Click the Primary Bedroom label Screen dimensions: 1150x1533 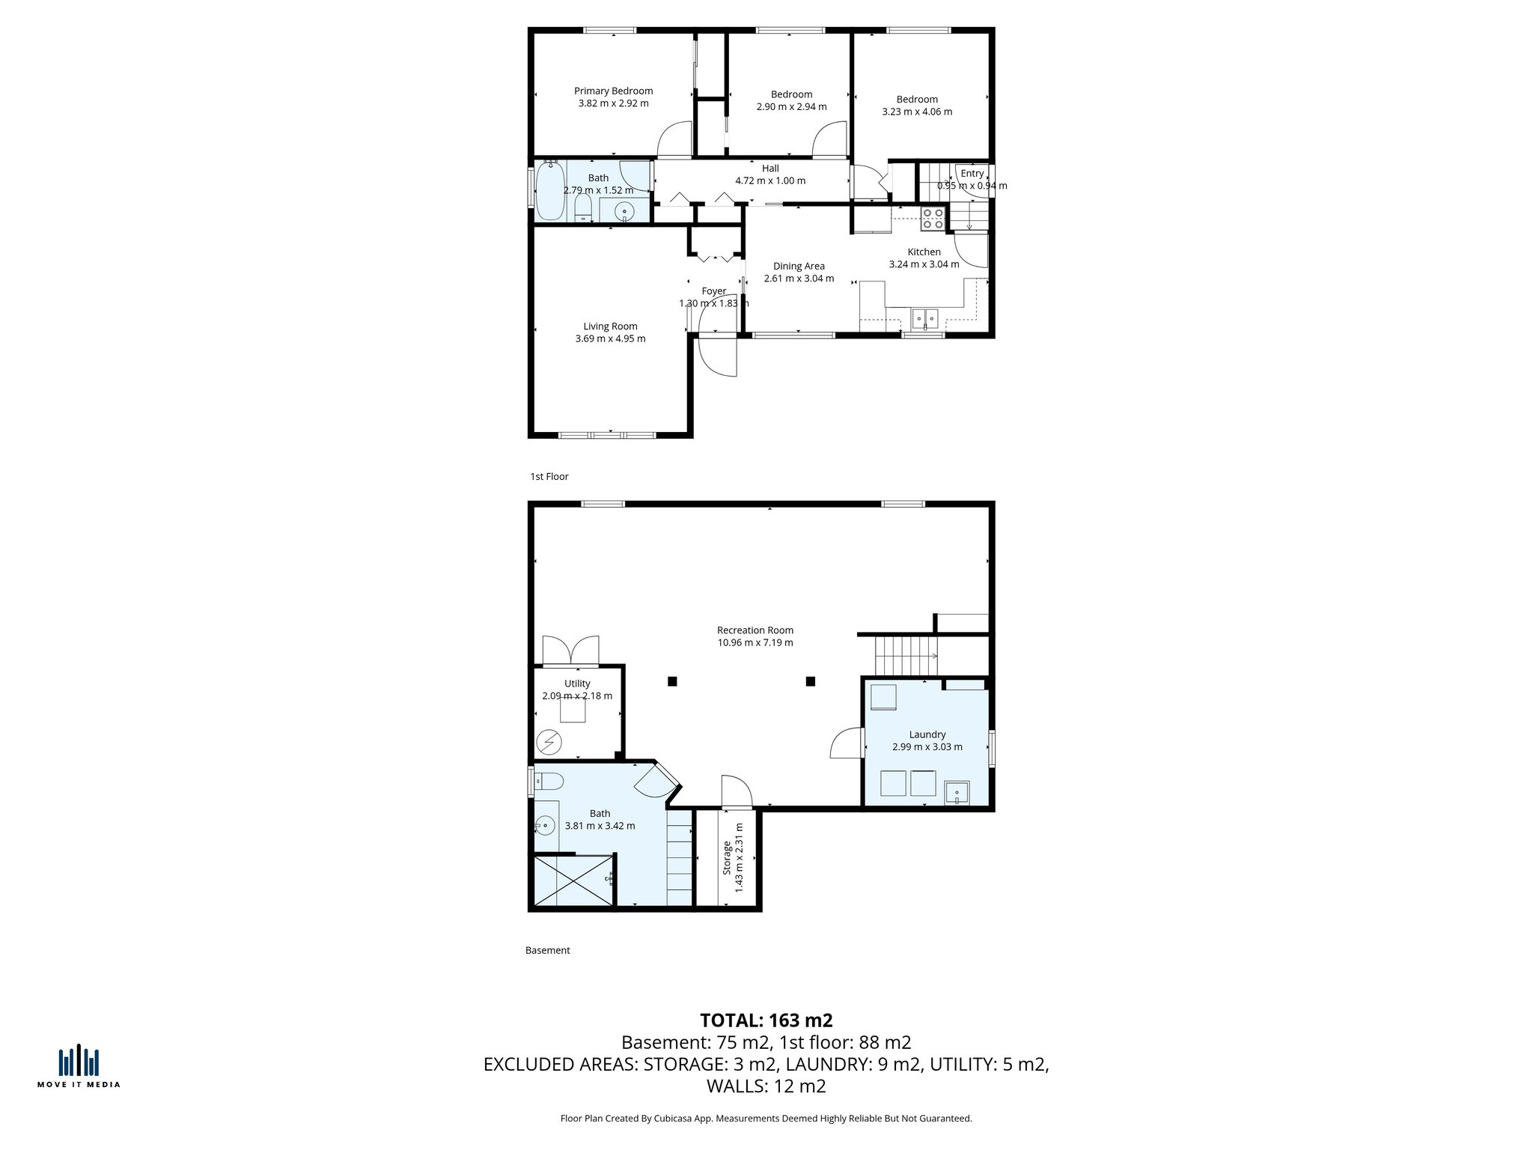click(x=613, y=91)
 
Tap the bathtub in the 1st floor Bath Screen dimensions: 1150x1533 click(x=550, y=192)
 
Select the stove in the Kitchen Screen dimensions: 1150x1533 click(x=933, y=218)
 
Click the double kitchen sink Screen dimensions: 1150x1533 click(x=925, y=319)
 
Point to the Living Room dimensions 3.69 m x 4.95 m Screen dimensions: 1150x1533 click(x=610, y=339)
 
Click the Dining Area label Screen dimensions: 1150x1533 click(x=799, y=267)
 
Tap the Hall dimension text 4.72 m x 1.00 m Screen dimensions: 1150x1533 click(x=770, y=181)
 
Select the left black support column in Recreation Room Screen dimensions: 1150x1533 click(x=672, y=681)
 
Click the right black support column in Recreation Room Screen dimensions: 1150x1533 click(x=810, y=681)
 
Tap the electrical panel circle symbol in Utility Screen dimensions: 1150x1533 click(x=550, y=742)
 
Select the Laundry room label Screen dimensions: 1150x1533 click(x=927, y=735)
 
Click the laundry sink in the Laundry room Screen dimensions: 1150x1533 click(x=957, y=792)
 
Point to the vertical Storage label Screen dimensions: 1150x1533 click(x=727, y=858)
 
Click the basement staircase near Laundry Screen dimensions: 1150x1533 click(x=906, y=656)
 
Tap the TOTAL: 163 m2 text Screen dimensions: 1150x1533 click(x=766, y=1020)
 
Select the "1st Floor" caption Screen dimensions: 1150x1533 click(x=549, y=477)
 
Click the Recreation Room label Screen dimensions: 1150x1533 click(x=755, y=630)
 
